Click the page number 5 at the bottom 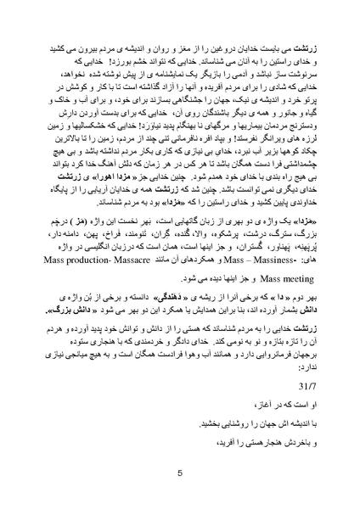(180, 474)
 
